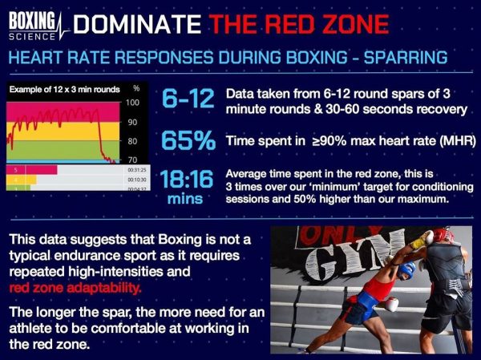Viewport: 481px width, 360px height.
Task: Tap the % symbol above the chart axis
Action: pos(136,88)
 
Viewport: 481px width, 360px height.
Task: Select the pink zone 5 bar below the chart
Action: pos(32,168)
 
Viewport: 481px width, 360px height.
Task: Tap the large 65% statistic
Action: pos(188,141)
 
